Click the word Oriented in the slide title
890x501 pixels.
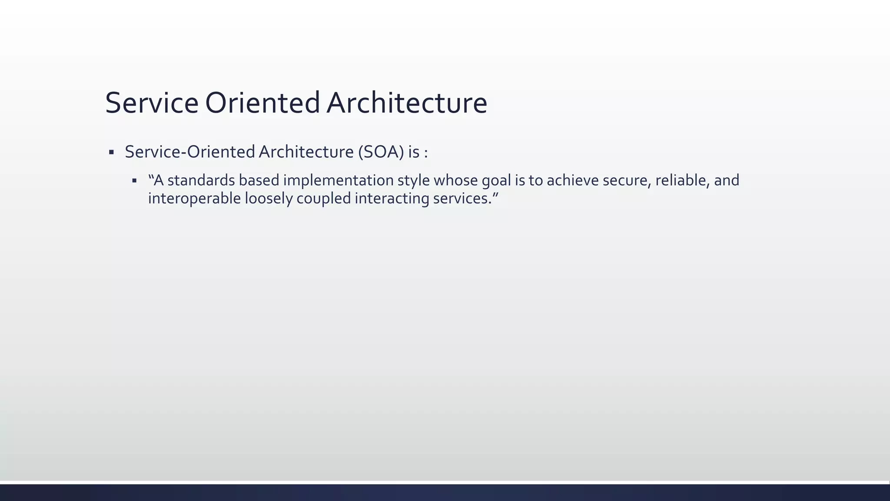tap(262, 104)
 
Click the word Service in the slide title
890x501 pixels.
tap(152, 104)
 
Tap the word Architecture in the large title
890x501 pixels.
tap(407, 104)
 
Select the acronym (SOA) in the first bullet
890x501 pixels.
tap(381, 152)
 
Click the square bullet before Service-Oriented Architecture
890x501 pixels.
tap(111, 152)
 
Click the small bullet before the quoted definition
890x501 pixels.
tap(134, 180)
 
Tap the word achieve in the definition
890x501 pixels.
tap(572, 180)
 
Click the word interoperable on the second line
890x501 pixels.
tap(194, 198)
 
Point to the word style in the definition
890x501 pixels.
tap(413, 180)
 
